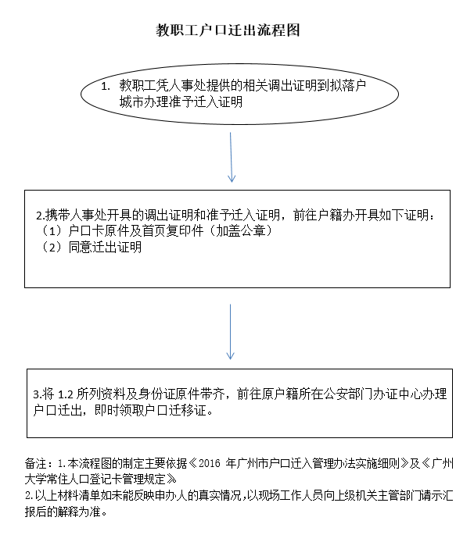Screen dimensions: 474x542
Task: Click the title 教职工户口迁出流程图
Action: pos(228,30)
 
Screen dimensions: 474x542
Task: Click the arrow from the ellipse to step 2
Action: pos(231,157)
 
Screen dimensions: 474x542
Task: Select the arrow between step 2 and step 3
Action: pos(231,332)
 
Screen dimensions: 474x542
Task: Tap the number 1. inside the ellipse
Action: pos(106,86)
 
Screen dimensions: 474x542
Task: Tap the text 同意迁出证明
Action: pos(105,247)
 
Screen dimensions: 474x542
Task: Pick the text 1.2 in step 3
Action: pos(66,394)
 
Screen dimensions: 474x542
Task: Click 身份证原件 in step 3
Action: pos(169,394)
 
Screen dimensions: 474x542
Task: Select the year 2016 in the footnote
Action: pos(210,463)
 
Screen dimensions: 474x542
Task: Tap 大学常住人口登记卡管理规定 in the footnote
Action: pos(95,479)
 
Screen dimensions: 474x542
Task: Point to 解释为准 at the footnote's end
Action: pos(79,512)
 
